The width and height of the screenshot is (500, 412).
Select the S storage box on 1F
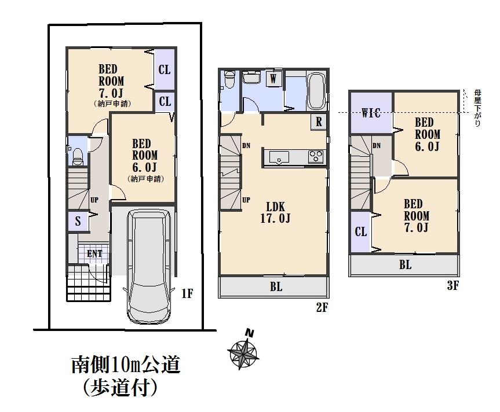tap(78, 220)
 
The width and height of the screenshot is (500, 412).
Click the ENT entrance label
tap(94, 253)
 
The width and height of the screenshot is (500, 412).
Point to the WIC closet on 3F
tap(371, 113)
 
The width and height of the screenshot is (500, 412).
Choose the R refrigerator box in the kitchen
tap(319, 122)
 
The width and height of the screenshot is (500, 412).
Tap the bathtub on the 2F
tap(316, 91)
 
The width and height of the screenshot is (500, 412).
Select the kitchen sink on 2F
tap(279, 157)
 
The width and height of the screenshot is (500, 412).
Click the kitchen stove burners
tap(316, 156)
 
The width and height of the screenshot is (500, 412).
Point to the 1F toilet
tap(76, 155)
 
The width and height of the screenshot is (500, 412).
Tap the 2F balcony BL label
tap(276, 287)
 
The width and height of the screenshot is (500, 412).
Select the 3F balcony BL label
tap(405, 265)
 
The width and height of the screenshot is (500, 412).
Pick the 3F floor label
tap(452, 285)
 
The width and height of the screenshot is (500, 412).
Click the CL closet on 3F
tap(361, 232)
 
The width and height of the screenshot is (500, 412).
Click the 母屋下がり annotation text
tap(477, 107)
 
